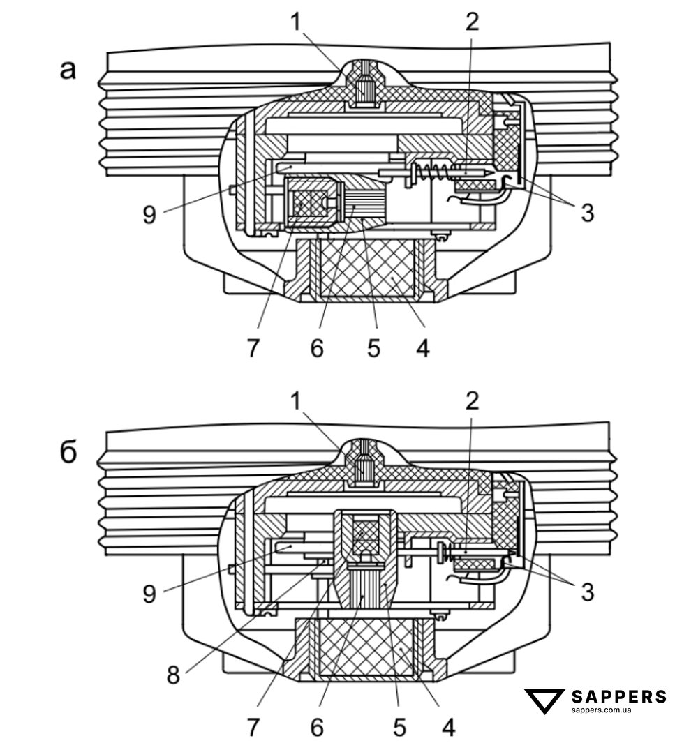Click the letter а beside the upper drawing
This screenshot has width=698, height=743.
coord(67,70)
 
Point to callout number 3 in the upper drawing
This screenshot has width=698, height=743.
coord(587,212)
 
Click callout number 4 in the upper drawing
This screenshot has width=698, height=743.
coord(422,347)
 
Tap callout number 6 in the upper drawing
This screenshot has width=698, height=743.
coord(317,347)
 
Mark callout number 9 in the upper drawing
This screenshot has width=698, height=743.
coord(149,213)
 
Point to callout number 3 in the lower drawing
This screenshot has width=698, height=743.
coord(587,592)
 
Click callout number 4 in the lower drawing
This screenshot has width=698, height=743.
coord(450,728)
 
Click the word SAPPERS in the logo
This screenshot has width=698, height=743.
coord(618,696)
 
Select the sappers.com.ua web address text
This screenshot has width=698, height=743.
coord(601,710)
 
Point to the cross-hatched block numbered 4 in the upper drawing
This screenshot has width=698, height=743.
coord(368,269)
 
